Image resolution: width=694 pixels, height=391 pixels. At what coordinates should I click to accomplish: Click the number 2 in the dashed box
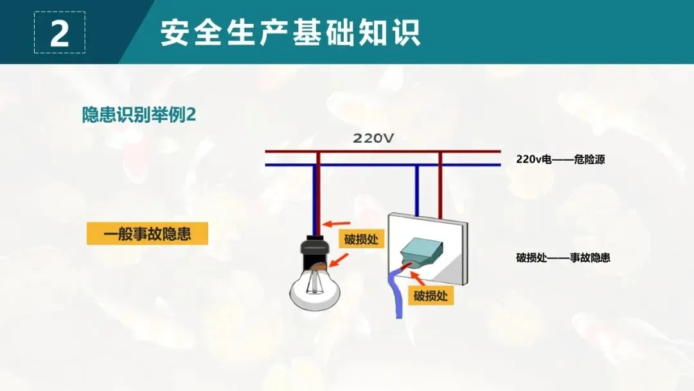[59, 33]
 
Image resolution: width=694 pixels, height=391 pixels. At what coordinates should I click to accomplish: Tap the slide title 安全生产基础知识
[290, 32]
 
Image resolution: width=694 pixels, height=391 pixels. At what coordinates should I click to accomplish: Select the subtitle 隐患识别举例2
[139, 114]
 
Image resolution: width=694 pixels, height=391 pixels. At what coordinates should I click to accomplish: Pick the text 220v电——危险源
[560, 159]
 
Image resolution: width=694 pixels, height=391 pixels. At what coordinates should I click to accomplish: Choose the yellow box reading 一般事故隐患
[148, 233]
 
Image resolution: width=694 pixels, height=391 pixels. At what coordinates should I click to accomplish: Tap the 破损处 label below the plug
[431, 296]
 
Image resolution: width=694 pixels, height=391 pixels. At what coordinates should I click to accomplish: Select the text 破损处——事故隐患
[562, 258]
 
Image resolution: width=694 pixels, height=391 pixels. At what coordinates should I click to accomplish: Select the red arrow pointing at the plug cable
[418, 278]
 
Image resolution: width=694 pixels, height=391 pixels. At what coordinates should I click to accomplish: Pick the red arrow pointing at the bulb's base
[340, 260]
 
